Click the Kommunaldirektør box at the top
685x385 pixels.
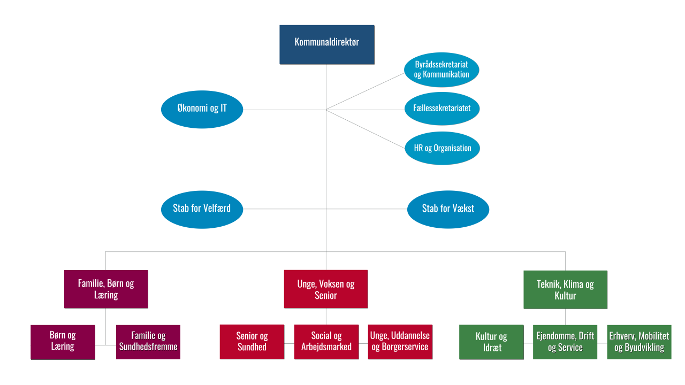326,44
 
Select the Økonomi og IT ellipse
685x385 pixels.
202,109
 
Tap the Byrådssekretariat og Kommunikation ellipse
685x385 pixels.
442,70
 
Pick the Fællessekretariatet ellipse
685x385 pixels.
442,109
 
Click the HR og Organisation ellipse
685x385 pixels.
442,148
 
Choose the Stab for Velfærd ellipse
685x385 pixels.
202,209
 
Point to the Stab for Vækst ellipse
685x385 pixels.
448,209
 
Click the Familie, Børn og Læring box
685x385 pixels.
106,289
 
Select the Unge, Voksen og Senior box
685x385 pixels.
326,289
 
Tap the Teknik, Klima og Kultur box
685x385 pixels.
565,289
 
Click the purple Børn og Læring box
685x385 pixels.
63,341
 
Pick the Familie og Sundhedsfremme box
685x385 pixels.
148,341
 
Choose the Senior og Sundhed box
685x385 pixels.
252,341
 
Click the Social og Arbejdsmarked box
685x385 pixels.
326,341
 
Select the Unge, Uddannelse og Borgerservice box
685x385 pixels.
400,341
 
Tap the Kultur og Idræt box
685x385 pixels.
491,342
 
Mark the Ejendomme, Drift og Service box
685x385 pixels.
565,342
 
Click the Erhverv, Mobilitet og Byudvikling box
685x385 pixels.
639,342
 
